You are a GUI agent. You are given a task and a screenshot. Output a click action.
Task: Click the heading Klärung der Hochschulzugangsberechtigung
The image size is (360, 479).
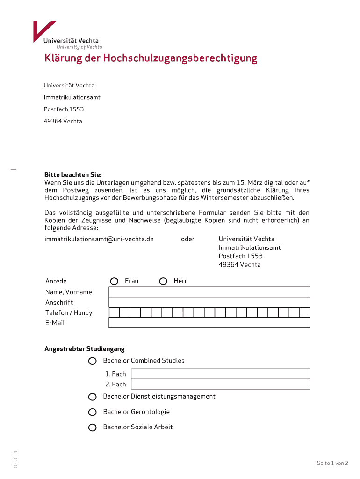click(151, 58)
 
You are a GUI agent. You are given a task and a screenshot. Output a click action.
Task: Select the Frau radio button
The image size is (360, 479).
click(115, 281)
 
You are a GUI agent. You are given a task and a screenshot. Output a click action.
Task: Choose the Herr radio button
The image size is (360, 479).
click(163, 281)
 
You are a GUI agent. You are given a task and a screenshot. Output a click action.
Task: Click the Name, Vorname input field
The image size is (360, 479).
click(209, 292)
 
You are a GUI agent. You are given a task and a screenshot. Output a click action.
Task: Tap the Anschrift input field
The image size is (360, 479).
click(209, 302)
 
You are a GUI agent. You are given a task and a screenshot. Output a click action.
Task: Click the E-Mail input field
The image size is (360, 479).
click(209, 323)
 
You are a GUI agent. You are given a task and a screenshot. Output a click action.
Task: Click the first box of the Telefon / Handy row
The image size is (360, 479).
click(114, 312)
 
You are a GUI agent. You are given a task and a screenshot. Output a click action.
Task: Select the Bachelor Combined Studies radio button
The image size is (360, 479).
click(93, 361)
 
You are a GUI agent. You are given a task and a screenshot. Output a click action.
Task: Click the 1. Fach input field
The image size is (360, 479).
click(221, 374)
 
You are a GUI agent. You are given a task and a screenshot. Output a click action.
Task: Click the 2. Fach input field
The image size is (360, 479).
click(221, 384)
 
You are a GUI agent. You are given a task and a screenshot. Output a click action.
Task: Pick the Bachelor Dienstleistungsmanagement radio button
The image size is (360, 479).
click(93, 397)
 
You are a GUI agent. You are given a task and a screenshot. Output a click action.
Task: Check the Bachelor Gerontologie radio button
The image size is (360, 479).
click(93, 412)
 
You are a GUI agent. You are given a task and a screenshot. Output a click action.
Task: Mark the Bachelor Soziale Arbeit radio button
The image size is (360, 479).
click(93, 427)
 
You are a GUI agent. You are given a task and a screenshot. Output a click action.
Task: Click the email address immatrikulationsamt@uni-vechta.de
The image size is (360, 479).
click(99, 239)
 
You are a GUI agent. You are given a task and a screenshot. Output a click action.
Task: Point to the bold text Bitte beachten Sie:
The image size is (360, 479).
click(72, 174)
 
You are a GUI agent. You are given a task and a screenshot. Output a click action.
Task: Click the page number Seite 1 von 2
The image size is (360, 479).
click(332, 463)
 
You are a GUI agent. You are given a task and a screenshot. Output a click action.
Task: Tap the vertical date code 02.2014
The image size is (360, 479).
click(15, 459)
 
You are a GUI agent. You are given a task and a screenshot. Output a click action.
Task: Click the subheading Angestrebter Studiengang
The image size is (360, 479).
click(84, 349)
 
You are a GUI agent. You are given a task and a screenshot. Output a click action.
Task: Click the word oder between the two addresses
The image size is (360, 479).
click(187, 239)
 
